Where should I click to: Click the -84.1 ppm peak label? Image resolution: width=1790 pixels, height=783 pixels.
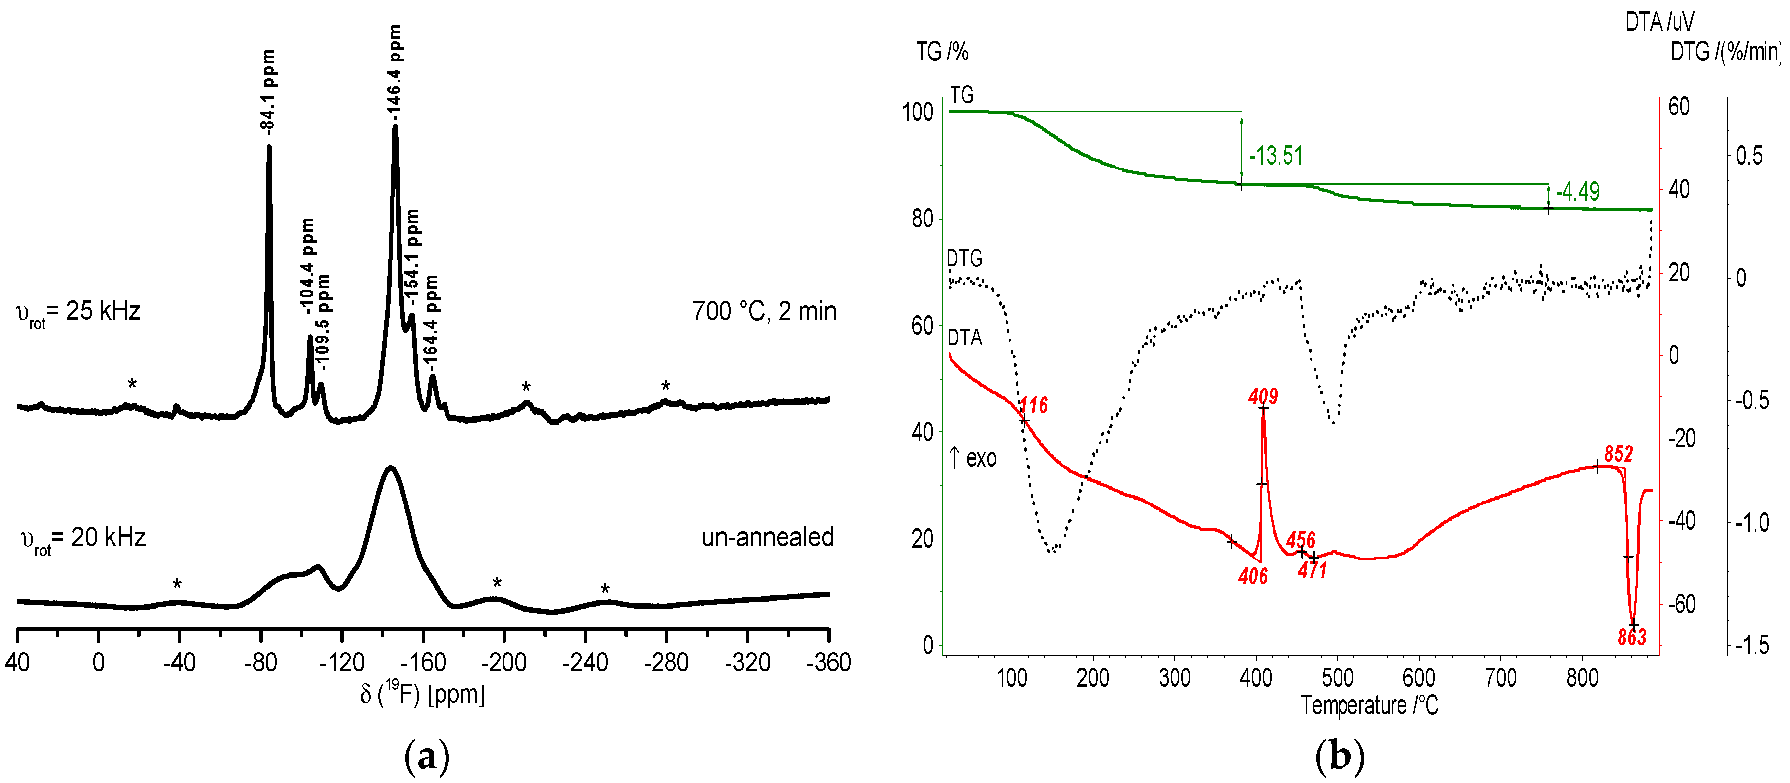pos(268,90)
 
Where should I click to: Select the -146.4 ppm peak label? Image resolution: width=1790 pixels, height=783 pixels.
pos(394,69)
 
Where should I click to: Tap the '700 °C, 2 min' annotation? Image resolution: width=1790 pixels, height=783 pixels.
pos(764,311)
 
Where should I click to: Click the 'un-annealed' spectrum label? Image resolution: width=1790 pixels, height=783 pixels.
pos(767,537)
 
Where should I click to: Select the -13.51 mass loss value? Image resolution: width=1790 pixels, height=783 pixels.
pos(1276,156)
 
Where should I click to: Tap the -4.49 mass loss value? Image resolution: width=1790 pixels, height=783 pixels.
pos(1577,191)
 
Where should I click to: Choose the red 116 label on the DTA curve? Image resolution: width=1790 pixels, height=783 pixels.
pos(1033,405)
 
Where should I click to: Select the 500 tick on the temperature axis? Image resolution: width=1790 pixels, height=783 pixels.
pos(1338,677)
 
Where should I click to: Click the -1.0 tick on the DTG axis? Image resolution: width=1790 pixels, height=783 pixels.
pos(1752,522)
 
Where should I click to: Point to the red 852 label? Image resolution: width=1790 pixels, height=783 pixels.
pos(1619,453)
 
